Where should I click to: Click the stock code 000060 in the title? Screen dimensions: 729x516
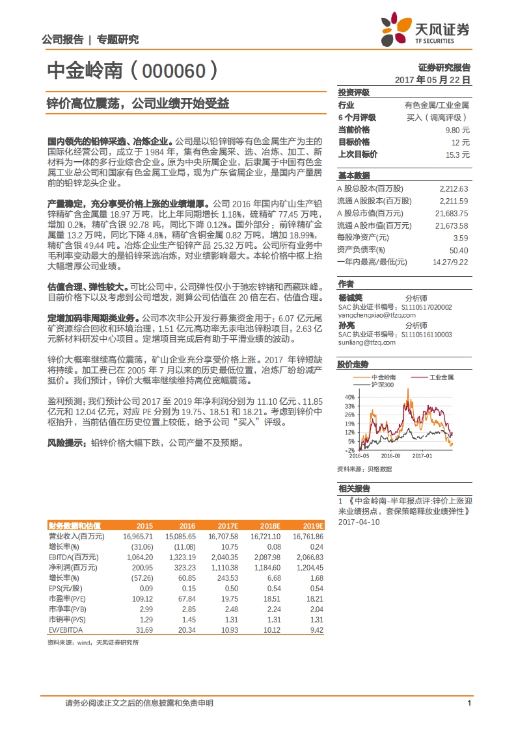click(175, 71)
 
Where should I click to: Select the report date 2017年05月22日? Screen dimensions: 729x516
click(433, 79)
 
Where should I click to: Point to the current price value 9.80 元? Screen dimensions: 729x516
click(459, 129)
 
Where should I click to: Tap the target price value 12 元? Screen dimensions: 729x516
click(461, 142)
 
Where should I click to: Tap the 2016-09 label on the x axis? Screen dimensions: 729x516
click(390, 455)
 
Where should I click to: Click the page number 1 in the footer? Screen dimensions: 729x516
click(469, 703)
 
